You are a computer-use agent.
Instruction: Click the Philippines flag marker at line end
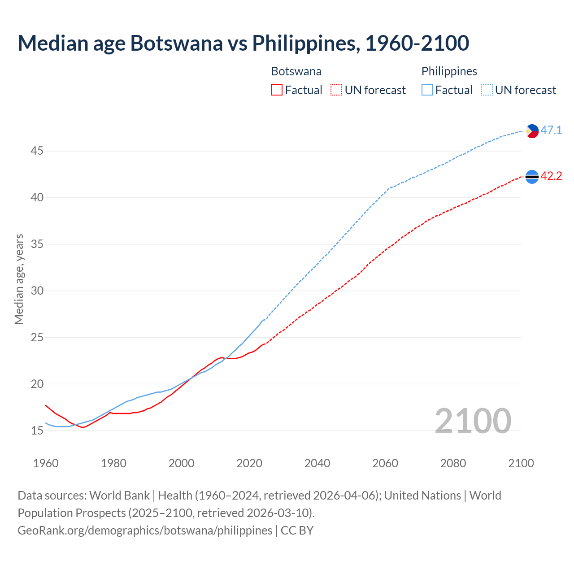pos(532,131)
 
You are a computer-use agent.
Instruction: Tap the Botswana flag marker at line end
pos(532,177)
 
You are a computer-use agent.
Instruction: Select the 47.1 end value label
pos(551,130)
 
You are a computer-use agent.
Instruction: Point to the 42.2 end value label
pos(551,176)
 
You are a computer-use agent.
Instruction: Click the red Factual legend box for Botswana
pos(277,90)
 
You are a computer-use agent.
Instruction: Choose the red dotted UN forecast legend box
pos(336,90)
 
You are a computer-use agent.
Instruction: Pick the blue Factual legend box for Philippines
pos(427,90)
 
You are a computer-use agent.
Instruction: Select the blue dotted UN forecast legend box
pos(487,90)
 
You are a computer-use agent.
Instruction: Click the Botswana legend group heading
pos(296,71)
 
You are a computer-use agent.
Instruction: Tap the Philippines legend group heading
pos(449,71)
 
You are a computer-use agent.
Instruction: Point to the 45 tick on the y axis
pos(37,151)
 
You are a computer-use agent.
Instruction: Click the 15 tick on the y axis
pos(37,431)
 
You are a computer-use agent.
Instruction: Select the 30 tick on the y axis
pos(37,291)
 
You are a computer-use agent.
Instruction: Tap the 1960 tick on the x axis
pos(46,463)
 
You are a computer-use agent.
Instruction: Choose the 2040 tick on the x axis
pos(317,463)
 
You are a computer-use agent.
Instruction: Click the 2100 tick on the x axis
pos(521,463)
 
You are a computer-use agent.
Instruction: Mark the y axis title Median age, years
pos(19,279)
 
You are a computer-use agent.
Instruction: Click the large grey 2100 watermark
pos(473,421)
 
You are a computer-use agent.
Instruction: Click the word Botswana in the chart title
pos(176,43)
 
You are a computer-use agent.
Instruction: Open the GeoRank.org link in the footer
pos(145,531)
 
